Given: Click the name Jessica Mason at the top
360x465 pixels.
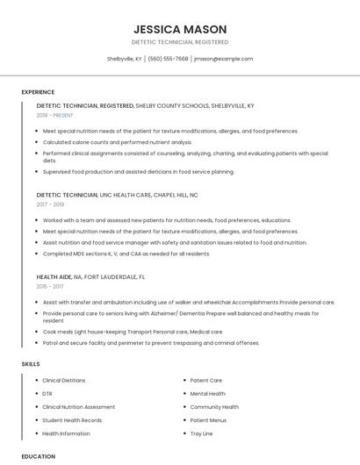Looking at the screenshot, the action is (x=179, y=29).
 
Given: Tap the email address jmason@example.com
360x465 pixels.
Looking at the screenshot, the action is (x=223, y=59).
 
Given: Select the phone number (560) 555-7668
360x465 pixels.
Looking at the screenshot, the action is (x=168, y=59).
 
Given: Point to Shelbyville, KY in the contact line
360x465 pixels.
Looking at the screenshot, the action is (x=125, y=59).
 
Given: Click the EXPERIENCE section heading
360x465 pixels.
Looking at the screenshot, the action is (x=38, y=92).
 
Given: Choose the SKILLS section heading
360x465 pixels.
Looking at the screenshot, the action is (x=31, y=363).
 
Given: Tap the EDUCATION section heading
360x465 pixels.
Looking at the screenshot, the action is (x=38, y=456).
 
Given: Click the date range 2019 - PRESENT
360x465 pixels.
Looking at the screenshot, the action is (x=55, y=115).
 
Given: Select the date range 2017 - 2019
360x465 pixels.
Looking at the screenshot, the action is (x=50, y=204).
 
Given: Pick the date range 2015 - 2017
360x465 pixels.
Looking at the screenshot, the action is (x=50, y=286).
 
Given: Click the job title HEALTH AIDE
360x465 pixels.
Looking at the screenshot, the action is (x=54, y=276).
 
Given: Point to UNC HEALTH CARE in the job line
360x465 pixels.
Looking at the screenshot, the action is (x=126, y=195).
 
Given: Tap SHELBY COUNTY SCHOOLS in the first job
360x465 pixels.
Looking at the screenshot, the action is (x=171, y=105).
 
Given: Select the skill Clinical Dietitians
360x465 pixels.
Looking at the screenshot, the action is (x=64, y=381).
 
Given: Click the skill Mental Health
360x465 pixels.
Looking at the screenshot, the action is (x=208, y=394).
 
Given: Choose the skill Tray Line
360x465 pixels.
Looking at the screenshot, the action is (x=202, y=433).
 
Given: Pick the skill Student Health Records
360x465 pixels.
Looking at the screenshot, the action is (x=72, y=420).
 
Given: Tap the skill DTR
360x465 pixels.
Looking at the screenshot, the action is (x=47, y=394).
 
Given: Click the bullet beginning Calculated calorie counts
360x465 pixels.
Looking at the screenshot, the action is (x=117, y=141).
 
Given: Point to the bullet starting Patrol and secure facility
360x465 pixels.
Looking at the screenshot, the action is (x=150, y=343).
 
